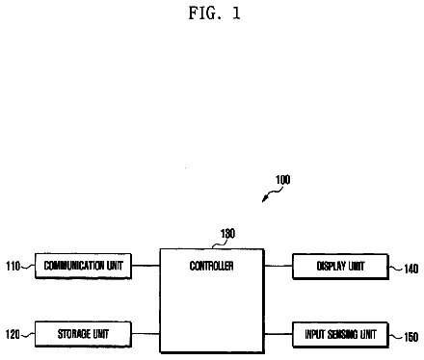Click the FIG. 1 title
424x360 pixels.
tap(214, 13)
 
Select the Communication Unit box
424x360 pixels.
tap(83, 266)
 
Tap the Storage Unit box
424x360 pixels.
tap(83, 334)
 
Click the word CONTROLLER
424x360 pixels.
tap(211, 266)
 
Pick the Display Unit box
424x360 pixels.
tap(340, 267)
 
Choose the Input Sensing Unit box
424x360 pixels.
tap(340, 335)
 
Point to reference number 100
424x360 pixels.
tap(283, 180)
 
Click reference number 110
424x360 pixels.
tap(13, 266)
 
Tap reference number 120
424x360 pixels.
tap(13, 334)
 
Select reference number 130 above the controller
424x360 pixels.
tap(227, 233)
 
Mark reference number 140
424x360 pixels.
tap(411, 269)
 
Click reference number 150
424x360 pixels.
tap(411, 337)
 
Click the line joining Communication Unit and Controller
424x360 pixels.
tap(146, 266)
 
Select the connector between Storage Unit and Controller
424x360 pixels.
tap(146, 334)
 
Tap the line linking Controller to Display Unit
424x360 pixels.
tap(278, 266)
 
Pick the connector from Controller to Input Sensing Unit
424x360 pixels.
tap(278, 334)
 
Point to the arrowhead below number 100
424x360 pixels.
tap(264, 199)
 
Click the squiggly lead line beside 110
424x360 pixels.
tap(28, 266)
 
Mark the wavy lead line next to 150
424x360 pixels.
tap(396, 336)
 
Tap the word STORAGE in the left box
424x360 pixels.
tap(70, 334)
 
